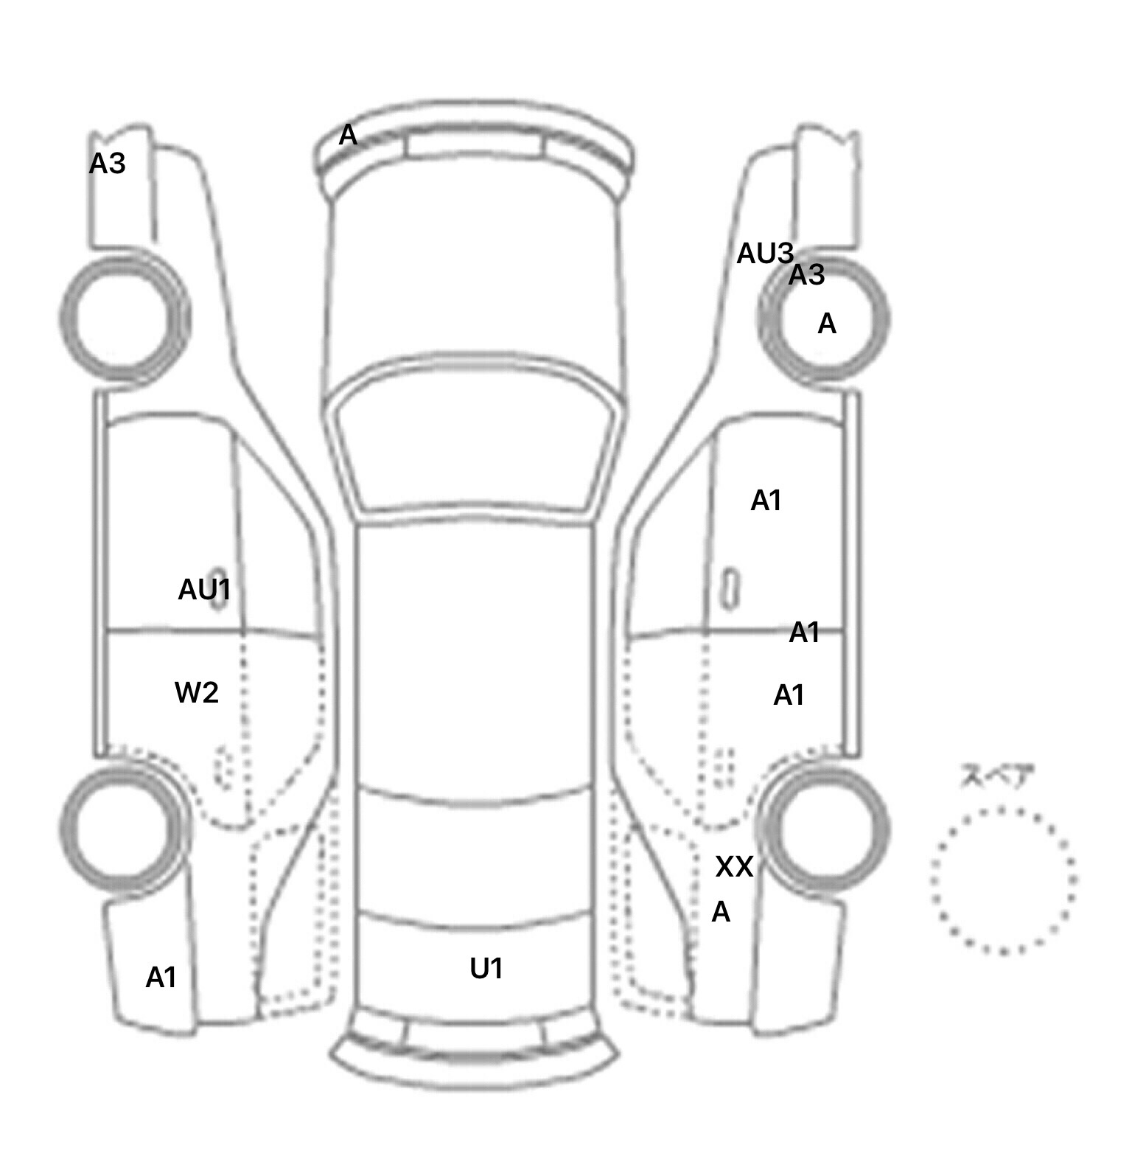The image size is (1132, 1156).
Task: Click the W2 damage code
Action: click(196, 693)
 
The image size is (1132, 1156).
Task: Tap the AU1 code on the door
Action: click(205, 590)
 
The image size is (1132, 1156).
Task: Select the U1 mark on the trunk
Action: click(486, 969)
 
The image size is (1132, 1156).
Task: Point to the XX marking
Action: click(735, 867)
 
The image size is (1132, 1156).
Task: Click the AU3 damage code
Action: click(765, 254)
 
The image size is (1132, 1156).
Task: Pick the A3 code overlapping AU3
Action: click(807, 276)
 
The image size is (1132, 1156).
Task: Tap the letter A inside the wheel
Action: click(827, 324)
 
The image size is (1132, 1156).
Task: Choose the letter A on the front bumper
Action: click(348, 136)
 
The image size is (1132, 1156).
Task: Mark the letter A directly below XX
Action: click(721, 913)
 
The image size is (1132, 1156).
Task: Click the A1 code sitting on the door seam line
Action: click(805, 633)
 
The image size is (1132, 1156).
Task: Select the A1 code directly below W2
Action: click(161, 978)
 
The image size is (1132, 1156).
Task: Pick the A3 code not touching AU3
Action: click(108, 164)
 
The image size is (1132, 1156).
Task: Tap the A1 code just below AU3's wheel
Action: click(766, 501)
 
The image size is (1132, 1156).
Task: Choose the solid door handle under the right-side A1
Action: click(730, 588)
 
